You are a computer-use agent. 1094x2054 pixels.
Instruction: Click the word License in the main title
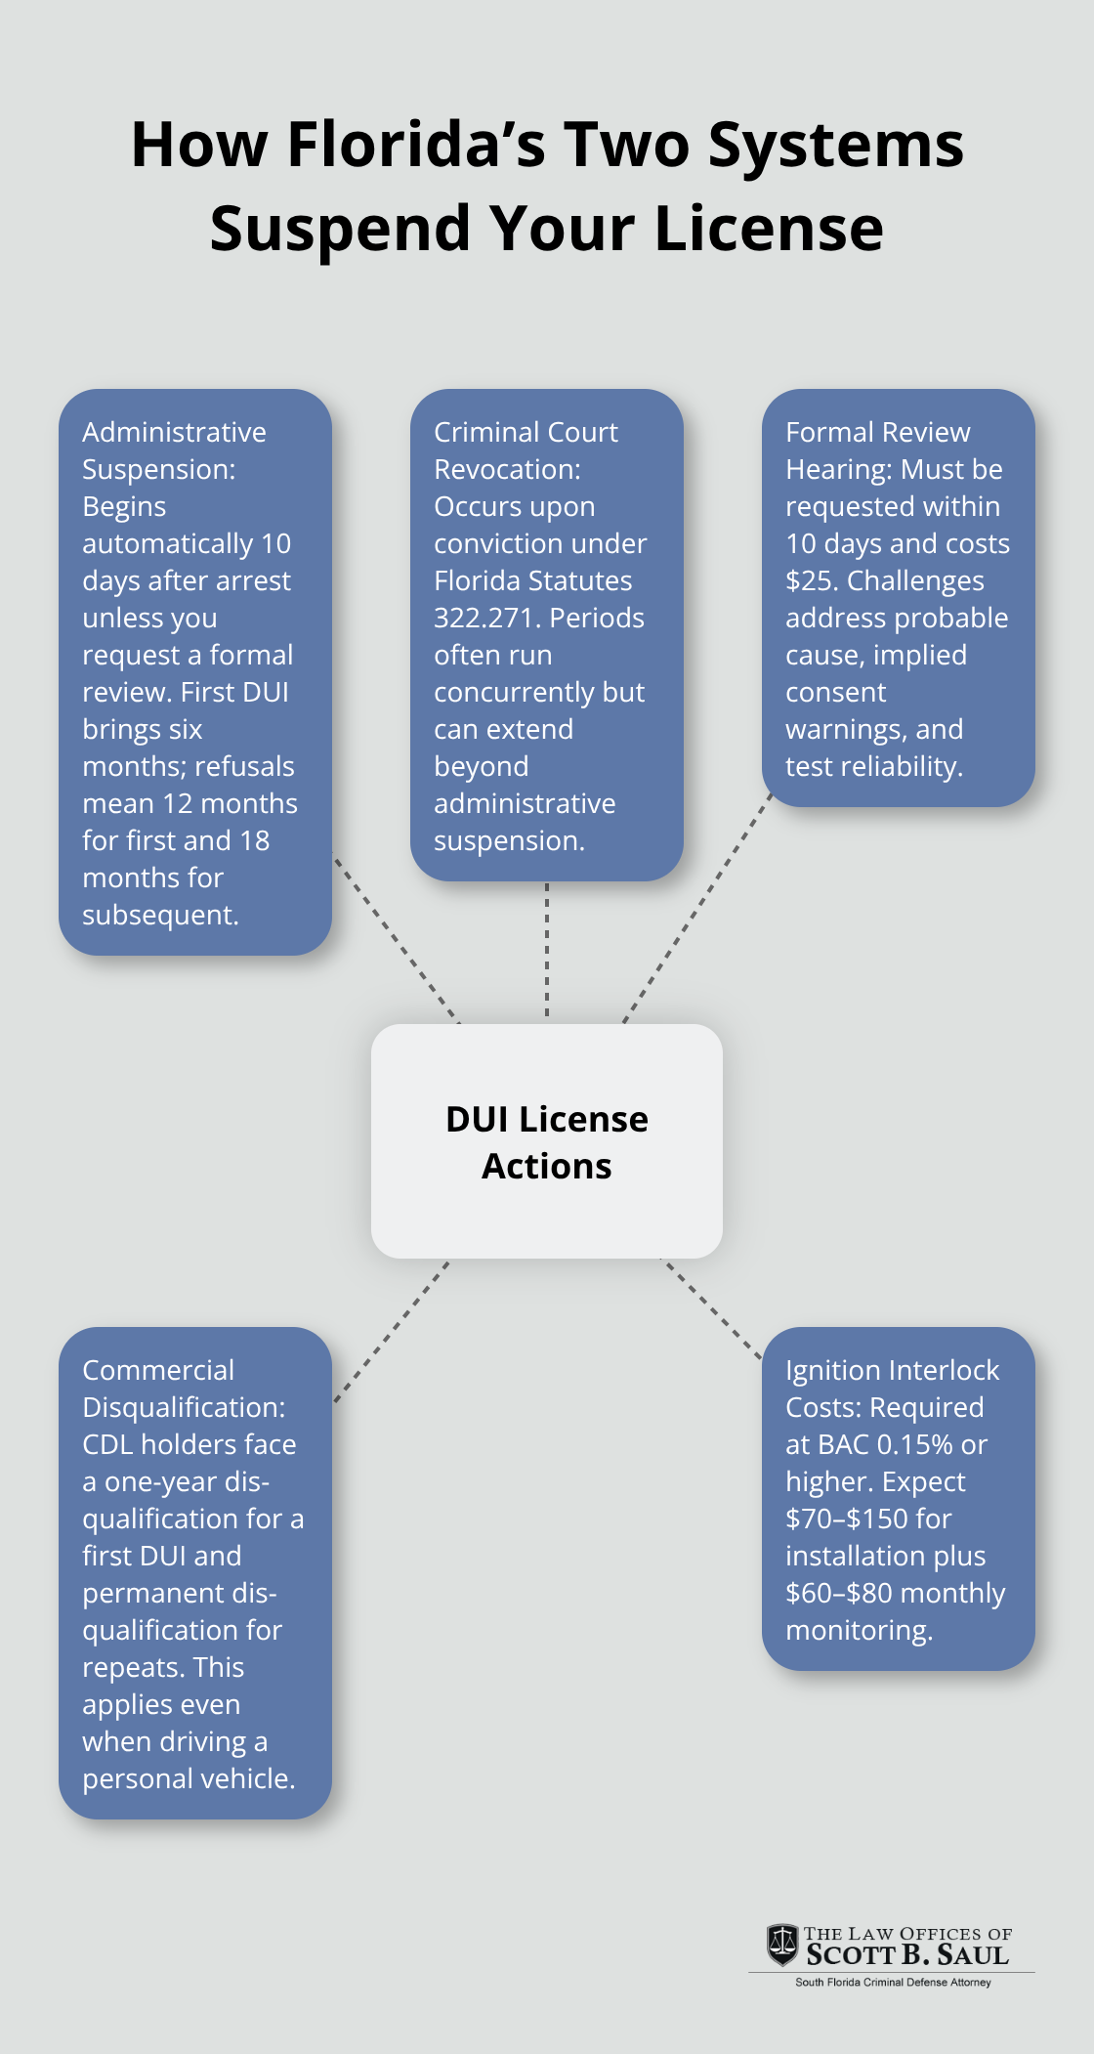tap(769, 229)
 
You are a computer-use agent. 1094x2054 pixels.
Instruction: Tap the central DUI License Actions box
tap(547, 1141)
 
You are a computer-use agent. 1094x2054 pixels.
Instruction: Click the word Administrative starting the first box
tap(174, 432)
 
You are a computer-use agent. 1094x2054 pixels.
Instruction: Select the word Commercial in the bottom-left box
tap(158, 1370)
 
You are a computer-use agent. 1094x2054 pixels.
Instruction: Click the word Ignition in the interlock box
tap(831, 1370)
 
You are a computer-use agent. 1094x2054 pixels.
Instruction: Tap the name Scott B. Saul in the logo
tap(907, 1954)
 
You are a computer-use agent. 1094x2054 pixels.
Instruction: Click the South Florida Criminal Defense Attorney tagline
tap(893, 1983)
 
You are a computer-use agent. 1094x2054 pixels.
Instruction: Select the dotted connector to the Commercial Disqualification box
tap(391, 1331)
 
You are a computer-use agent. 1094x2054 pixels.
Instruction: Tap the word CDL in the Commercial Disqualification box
tap(107, 1444)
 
